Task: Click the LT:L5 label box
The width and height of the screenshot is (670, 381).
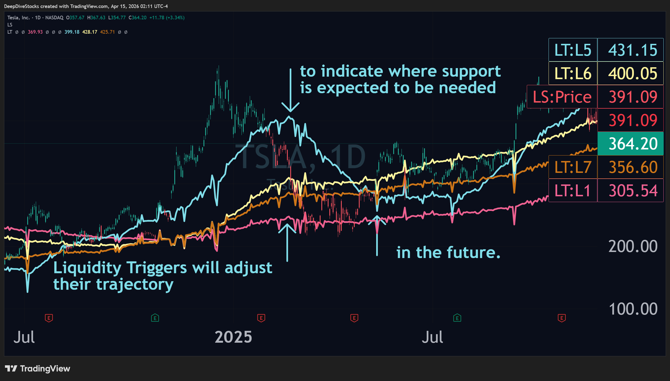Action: pos(573,50)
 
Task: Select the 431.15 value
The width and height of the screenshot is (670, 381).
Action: pos(633,50)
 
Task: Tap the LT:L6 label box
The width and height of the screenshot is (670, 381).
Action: pos(573,73)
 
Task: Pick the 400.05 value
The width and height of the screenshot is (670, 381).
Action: pos(633,73)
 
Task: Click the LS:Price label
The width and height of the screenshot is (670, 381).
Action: pos(562,97)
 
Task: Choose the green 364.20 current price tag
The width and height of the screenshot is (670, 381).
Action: pos(633,144)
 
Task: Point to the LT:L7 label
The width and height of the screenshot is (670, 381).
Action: pos(573,167)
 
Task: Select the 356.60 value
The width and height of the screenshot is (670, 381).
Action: pos(633,167)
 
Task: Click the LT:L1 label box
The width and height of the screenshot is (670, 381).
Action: pos(573,190)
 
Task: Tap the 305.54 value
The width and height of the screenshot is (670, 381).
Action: pos(633,190)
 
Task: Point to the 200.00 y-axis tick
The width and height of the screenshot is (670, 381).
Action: pos(633,246)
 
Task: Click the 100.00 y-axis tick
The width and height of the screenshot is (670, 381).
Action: pos(633,309)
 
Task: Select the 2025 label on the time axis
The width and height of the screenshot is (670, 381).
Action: pos(233,337)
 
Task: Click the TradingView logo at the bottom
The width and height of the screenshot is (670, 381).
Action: pos(38,369)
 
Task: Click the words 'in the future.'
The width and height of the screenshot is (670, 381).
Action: pos(448,252)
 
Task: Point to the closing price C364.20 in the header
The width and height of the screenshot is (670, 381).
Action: pos(138,18)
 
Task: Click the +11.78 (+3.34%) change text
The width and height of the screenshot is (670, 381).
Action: pos(167,18)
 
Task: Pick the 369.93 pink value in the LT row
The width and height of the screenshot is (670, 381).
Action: pos(35,32)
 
